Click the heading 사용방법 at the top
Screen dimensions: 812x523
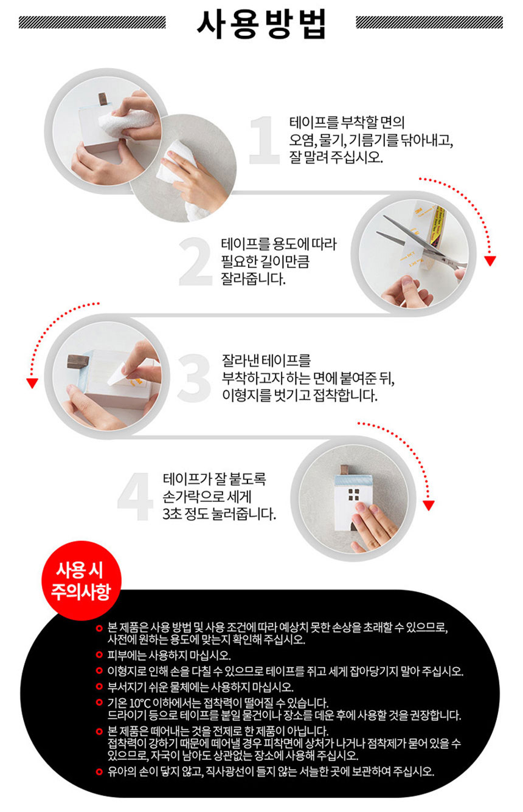pos(261,24)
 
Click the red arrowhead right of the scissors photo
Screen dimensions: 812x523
pos(490,261)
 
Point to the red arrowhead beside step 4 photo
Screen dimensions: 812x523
pos(429,506)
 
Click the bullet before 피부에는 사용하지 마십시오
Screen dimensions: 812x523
pos(99,655)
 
